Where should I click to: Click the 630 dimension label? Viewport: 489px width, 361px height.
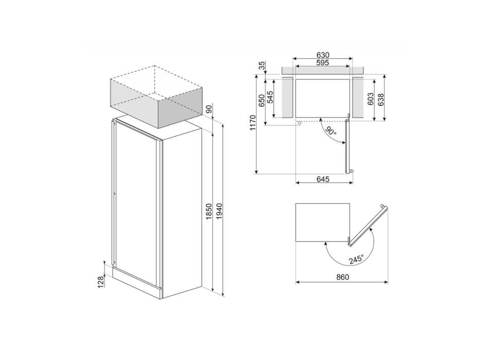(323, 55)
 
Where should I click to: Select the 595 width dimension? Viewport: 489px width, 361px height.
(323, 62)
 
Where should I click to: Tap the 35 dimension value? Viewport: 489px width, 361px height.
(261, 65)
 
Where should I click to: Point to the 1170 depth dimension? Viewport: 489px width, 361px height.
(253, 123)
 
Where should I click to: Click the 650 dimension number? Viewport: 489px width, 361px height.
(261, 100)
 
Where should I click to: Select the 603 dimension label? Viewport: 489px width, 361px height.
(371, 99)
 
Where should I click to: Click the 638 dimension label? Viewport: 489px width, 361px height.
(381, 99)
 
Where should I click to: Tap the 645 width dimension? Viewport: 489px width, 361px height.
(323, 179)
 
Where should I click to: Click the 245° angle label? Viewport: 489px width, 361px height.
(355, 259)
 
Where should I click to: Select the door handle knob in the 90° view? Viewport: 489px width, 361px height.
(352, 171)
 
